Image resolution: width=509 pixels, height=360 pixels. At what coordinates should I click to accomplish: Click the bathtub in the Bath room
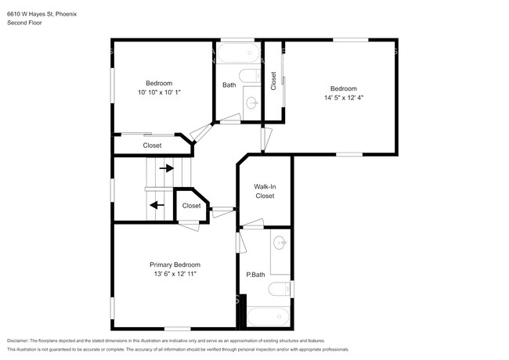coord(239,53)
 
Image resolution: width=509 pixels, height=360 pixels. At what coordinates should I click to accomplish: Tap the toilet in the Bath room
coord(250,76)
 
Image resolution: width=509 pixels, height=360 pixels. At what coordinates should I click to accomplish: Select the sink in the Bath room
coord(252,103)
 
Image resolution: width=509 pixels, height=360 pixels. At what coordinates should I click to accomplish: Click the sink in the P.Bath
coord(280,243)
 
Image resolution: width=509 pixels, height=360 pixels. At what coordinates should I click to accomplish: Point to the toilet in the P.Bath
coord(280,289)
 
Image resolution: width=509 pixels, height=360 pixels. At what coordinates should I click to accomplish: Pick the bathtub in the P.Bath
coord(268,317)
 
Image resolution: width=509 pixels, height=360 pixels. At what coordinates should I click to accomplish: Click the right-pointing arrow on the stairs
coord(167,168)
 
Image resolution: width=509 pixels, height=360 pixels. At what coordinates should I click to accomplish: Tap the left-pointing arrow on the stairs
coord(157,205)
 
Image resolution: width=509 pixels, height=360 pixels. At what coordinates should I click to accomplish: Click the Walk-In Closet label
coord(265,192)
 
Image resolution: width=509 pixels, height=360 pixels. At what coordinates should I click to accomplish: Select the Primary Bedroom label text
coord(175,265)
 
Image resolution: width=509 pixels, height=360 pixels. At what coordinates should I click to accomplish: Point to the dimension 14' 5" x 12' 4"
coord(344,98)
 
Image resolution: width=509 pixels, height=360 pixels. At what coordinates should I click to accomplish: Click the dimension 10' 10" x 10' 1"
coord(159,92)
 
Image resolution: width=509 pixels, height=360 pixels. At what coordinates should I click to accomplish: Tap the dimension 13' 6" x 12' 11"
coord(175,274)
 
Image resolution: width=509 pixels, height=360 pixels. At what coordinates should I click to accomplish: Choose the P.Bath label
coord(255,275)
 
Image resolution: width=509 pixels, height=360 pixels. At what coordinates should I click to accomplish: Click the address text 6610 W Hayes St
coord(31,14)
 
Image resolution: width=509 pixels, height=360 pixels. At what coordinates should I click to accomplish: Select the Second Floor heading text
coord(24,23)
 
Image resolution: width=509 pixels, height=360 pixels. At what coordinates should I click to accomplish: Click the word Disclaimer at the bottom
coord(18,341)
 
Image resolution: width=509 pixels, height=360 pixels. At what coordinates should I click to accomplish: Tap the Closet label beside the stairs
coord(191,206)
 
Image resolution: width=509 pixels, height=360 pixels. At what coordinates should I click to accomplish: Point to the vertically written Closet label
coord(273,81)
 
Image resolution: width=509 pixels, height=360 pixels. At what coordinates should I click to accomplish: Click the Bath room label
coord(229,85)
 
